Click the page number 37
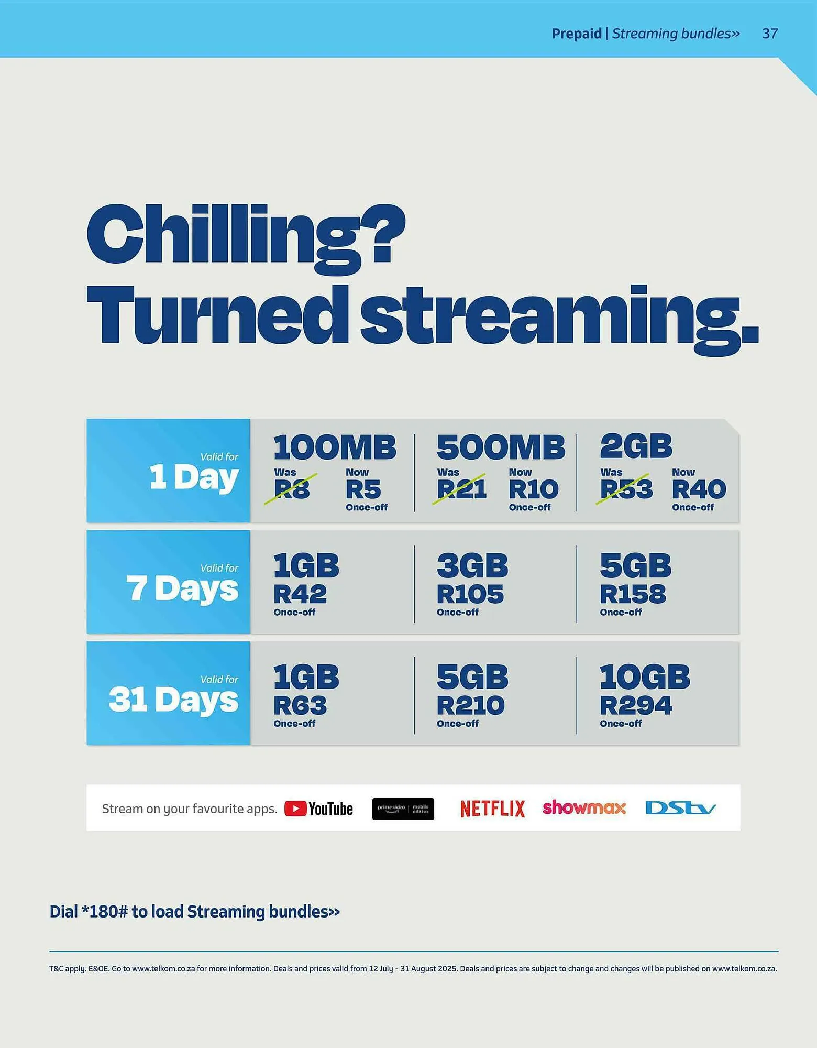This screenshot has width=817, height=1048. point(769,34)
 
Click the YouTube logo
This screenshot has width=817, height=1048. point(318,809)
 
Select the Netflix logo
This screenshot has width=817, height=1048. point(492,809)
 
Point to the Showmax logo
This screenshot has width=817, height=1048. point(584,807)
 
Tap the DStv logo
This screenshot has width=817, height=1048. point(680,808)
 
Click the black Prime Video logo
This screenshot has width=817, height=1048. point(403,809)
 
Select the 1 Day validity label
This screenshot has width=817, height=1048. point(193,477)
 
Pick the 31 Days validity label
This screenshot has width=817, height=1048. point(173,700)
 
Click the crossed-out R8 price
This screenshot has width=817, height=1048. point(292,489)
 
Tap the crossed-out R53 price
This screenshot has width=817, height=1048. point(626,489)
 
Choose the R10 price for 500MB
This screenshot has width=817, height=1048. point(533,489)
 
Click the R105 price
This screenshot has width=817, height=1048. point(470,594)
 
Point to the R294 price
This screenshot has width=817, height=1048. point(635,705)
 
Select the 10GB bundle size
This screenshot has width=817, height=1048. point(644,677)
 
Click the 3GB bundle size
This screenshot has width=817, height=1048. point(472,566)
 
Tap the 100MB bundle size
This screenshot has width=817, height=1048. point(335,447)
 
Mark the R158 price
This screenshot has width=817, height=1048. point(633,594)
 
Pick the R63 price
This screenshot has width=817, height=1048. point(300,705)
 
